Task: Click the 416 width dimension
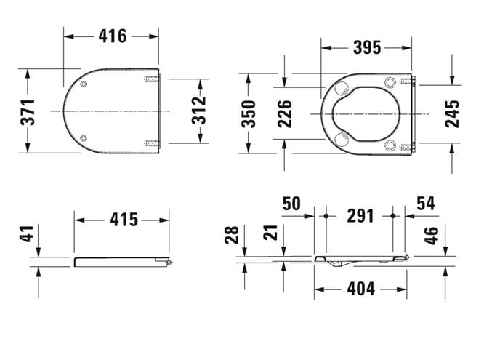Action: (113, 36)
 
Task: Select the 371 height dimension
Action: (28, 112)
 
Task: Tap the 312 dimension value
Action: (199, 111)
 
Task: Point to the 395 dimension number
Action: (367, 48)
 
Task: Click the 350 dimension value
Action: (249, 113)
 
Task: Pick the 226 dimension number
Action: (284, 113)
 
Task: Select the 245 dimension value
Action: (452, 113)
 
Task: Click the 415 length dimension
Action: (124, 220)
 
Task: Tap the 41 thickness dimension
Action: (27, 233)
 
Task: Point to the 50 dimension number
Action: (291, 204)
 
